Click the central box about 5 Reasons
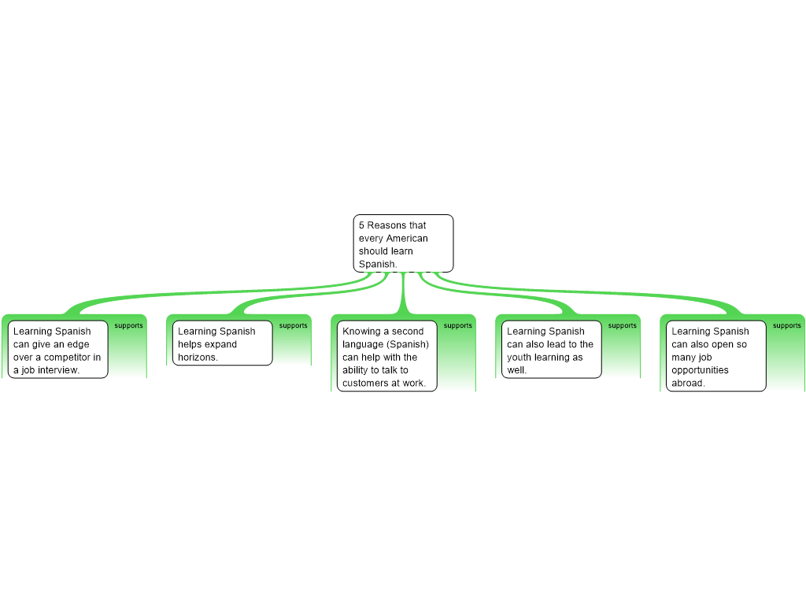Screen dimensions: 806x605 click(404, 243)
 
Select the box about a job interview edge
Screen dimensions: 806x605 click(58, 349)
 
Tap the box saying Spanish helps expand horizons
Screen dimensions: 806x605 click(223, 343)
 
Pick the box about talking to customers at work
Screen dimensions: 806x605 click(387, 356)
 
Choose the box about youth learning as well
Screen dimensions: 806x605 click(552, 349)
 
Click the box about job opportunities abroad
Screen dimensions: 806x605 click(716, 356)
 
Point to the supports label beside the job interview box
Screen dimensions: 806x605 click(128, 325)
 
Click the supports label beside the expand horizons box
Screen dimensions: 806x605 click(293, 325)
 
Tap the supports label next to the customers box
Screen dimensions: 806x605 click(457, 325)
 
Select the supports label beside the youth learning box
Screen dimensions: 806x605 click(622, 325)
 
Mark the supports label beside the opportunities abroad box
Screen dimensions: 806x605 click(786, 325)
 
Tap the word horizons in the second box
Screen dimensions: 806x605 click(198, 357)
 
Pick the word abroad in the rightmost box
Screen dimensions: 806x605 click(688, 384)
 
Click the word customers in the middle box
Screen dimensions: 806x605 click(364, 384)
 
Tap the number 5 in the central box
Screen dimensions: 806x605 click(361, 225)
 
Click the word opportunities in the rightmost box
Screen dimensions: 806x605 click(700, 370)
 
